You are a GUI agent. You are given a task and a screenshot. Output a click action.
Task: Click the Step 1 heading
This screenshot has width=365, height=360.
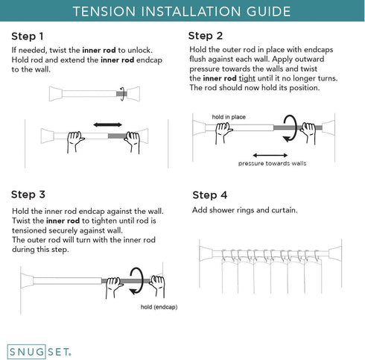(x=28, y=37)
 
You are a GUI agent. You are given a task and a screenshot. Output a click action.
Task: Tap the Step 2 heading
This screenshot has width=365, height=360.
(x=206, y=36)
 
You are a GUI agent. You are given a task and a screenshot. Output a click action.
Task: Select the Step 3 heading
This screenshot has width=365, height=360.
(x=28, y=195)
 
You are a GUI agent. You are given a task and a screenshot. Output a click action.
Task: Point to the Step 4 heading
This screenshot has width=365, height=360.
(x=210, y=195)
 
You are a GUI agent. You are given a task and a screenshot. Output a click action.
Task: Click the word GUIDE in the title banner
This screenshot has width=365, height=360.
(x=268, y=11)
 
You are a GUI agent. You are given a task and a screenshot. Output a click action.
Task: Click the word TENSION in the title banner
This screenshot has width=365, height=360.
(x=104, y=11)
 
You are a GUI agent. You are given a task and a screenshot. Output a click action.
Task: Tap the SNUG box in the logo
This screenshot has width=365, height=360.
(x=27, y=352)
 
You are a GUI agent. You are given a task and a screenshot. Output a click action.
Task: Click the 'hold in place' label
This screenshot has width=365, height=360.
(x=229, y=117)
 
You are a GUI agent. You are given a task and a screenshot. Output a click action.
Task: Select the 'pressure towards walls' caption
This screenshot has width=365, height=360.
(x=272, y=163)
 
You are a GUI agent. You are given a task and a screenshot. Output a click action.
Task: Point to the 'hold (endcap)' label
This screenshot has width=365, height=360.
(x=159, y=307)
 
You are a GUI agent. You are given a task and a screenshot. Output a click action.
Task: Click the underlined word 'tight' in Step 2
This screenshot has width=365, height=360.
(x=247, y=78)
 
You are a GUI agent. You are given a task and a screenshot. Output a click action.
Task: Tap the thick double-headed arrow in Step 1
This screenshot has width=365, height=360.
(x=107, y=124)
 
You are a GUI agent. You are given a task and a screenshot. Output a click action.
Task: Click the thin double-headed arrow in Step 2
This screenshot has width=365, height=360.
(x=270, y=156)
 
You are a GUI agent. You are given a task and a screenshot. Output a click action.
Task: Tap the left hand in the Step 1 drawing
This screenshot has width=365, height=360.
(x=74, y=142)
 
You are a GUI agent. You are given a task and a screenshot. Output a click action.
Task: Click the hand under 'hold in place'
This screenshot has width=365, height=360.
(x=223, y=133)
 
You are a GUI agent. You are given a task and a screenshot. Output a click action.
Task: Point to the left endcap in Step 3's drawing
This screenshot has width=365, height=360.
(x=27, y=281)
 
